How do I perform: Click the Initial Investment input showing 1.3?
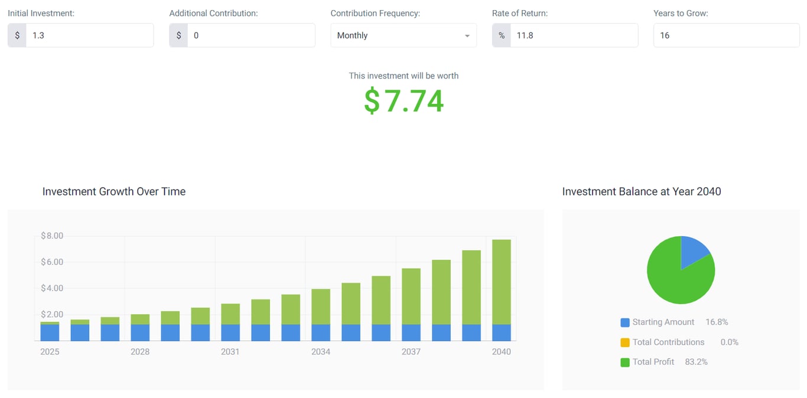coord(89,35)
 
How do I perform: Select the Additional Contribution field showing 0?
coord(250,35)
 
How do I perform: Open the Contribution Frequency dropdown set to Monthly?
coord(403,35)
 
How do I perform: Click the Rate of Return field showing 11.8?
coord(573,35)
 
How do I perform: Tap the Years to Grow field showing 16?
coord(725,35)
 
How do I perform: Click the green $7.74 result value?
coord(403,100)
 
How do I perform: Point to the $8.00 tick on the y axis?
coord(52,236)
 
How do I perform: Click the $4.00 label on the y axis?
coord(52,288)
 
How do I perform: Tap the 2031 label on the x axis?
coord(230,352)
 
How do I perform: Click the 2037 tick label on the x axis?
coord(411,352)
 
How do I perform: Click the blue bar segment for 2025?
coord(50,333)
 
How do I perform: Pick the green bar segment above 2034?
coord(321,306)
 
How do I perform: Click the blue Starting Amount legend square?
coord(625,322)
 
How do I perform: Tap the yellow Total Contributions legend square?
coord(625,342)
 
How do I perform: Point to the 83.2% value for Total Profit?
coord(696,362)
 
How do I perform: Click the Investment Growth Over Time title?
coord(114,191)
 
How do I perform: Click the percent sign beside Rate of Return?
coord(502,35)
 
